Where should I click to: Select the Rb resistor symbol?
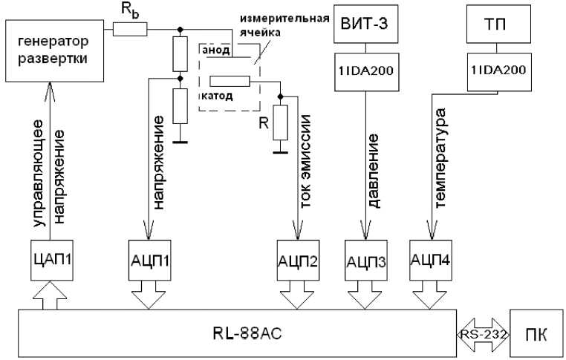(131, 30)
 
